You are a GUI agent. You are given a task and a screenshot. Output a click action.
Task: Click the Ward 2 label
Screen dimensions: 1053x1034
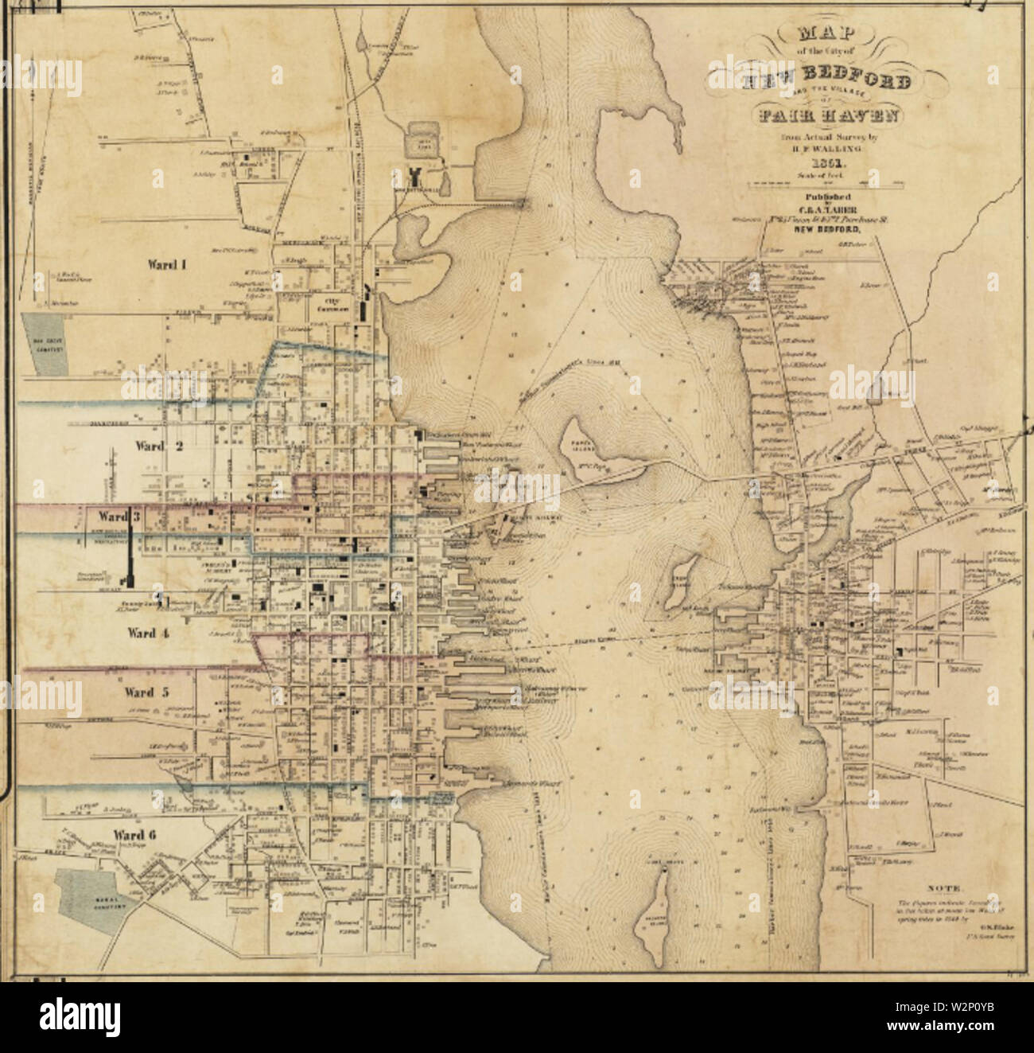[158, 446]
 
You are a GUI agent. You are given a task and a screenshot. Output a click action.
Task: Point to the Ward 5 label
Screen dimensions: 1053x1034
[146, 692]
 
